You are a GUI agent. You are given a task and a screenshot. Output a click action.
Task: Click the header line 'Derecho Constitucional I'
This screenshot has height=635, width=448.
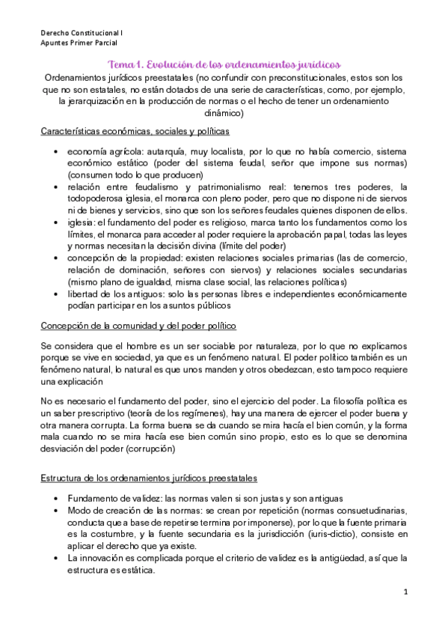(82, 34)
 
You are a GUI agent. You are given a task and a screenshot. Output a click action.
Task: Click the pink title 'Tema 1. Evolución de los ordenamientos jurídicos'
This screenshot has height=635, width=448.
(224, 64)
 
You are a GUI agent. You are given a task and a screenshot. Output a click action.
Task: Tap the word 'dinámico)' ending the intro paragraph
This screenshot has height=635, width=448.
(224, 114)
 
